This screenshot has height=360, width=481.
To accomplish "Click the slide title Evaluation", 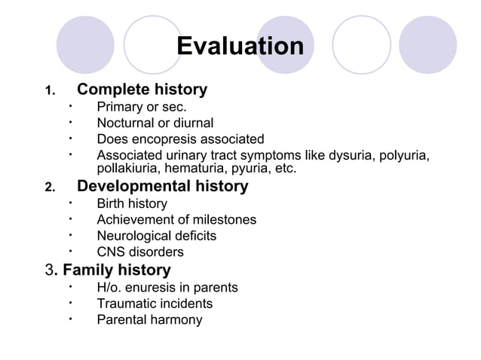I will [240, 47].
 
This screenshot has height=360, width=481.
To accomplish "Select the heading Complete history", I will [142, 90].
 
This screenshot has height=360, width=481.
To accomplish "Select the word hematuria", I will [196, 169].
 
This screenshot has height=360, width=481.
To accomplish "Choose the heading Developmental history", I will [162, 186].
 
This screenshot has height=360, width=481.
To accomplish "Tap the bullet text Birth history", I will [132, 203].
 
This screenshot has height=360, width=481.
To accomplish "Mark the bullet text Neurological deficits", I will [156, 236].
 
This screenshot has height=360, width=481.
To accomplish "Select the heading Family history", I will [116, 270].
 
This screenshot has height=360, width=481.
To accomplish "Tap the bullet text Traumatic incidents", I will [155, 304].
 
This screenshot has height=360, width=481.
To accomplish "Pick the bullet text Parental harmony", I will [149, 320].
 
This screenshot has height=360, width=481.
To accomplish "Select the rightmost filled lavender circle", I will [427, 44].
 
